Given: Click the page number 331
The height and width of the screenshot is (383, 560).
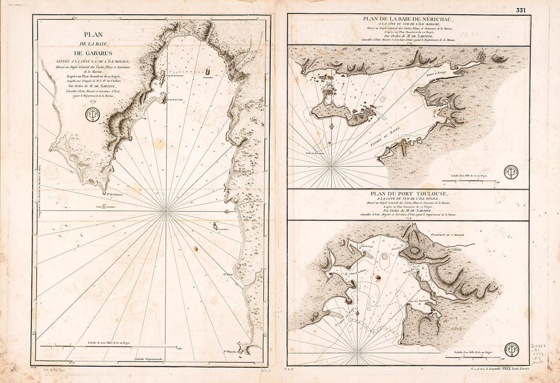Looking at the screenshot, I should [520, 10].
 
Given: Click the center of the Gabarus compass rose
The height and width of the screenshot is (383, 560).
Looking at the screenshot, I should [166, 209].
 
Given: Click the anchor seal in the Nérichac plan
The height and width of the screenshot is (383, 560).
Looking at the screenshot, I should [511, 172].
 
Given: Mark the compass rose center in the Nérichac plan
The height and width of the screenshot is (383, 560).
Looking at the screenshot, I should [332, 165].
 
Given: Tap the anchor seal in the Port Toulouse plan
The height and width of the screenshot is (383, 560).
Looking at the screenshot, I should [511, 349].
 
